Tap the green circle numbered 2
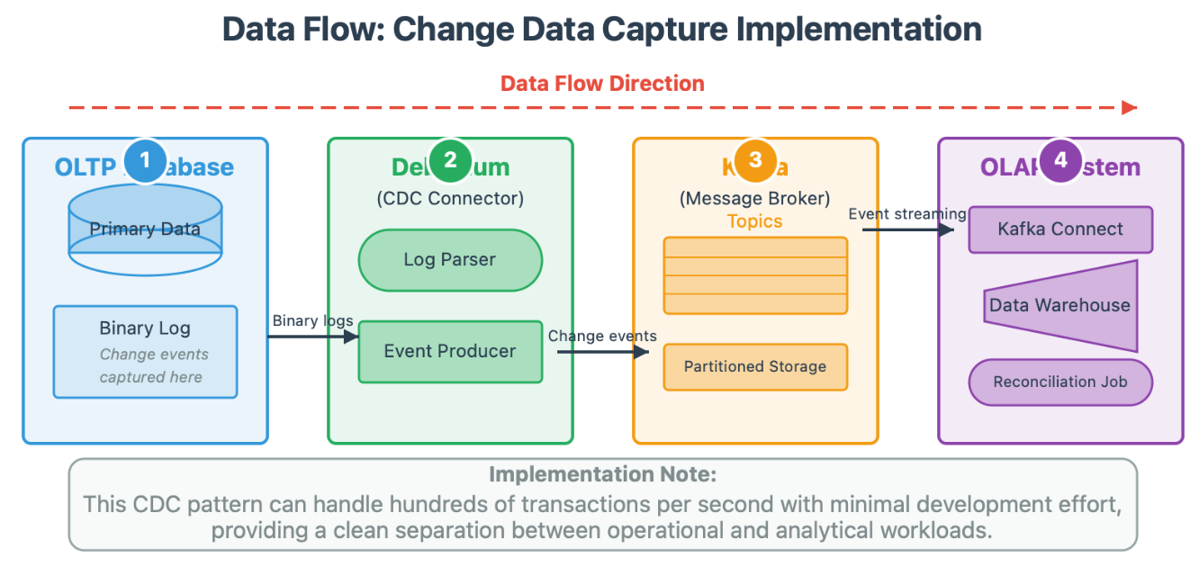[450, 161]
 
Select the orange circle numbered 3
[755, 160]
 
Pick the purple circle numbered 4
[1060, 160]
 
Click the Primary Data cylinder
[145, 229]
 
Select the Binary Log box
[145, 352]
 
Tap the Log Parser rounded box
[450, 260]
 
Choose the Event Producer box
[450, 351]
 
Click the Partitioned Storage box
[755, 366]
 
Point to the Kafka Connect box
[1060, 229]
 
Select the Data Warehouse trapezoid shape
[1060, 305]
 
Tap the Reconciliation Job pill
[1060, 382]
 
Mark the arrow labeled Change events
[602, 351]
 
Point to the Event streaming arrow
[907, 229]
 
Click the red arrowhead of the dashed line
[1129, 108]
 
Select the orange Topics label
[754, 221]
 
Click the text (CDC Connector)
[450, 198]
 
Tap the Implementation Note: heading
[602, 474]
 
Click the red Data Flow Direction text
[602, 84]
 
